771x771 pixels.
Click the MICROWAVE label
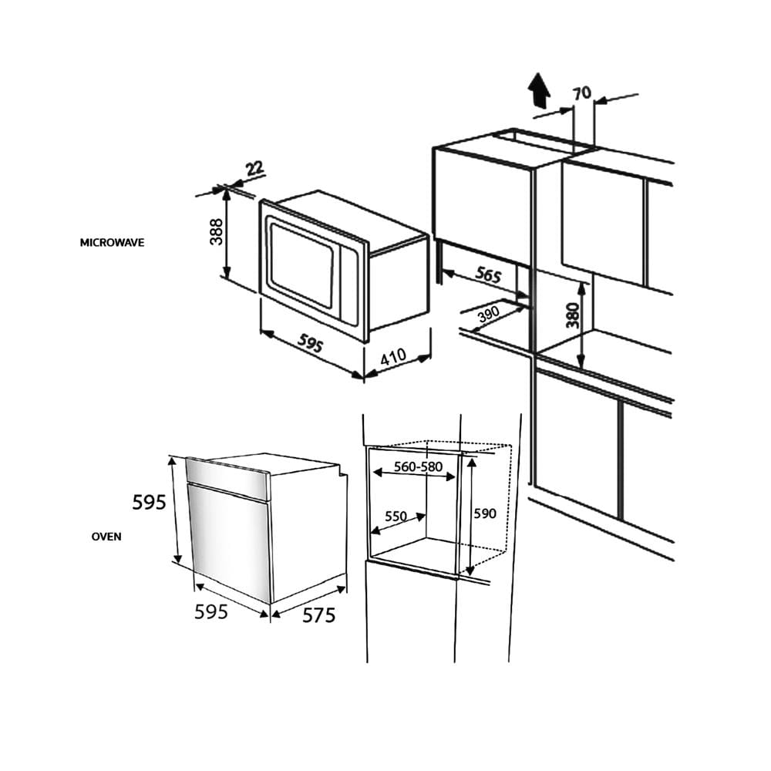(112, 243)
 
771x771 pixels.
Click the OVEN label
(106, 537)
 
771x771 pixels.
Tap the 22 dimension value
(254, 169)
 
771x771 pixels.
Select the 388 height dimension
(216, 231)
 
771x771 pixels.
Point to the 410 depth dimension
(393, 357)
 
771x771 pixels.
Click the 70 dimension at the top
(583, 93)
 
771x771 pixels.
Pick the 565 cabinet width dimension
(487, 274)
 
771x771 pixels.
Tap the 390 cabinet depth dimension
(489, 313)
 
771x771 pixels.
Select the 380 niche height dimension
(573, 315)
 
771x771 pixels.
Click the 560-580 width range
(419, 466)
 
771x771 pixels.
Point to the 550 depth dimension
(396, 517)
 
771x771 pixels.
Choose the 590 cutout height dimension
(485, 513)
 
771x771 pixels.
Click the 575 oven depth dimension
(318, 615)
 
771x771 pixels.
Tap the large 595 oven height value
(150, 502)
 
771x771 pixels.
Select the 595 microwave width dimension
(310, 344)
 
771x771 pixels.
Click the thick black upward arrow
(540, 91)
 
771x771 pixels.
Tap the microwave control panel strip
(349, 286)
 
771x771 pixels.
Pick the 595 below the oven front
(211, 611)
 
